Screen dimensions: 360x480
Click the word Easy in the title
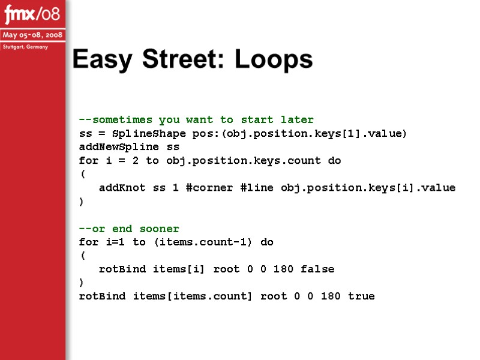tap(103, 59)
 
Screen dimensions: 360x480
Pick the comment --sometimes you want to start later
tap(196, 119)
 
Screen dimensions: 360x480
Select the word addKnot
tap(122, 188)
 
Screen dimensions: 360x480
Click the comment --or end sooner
tap(129, 229)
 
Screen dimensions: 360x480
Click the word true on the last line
tap(361, 296)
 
